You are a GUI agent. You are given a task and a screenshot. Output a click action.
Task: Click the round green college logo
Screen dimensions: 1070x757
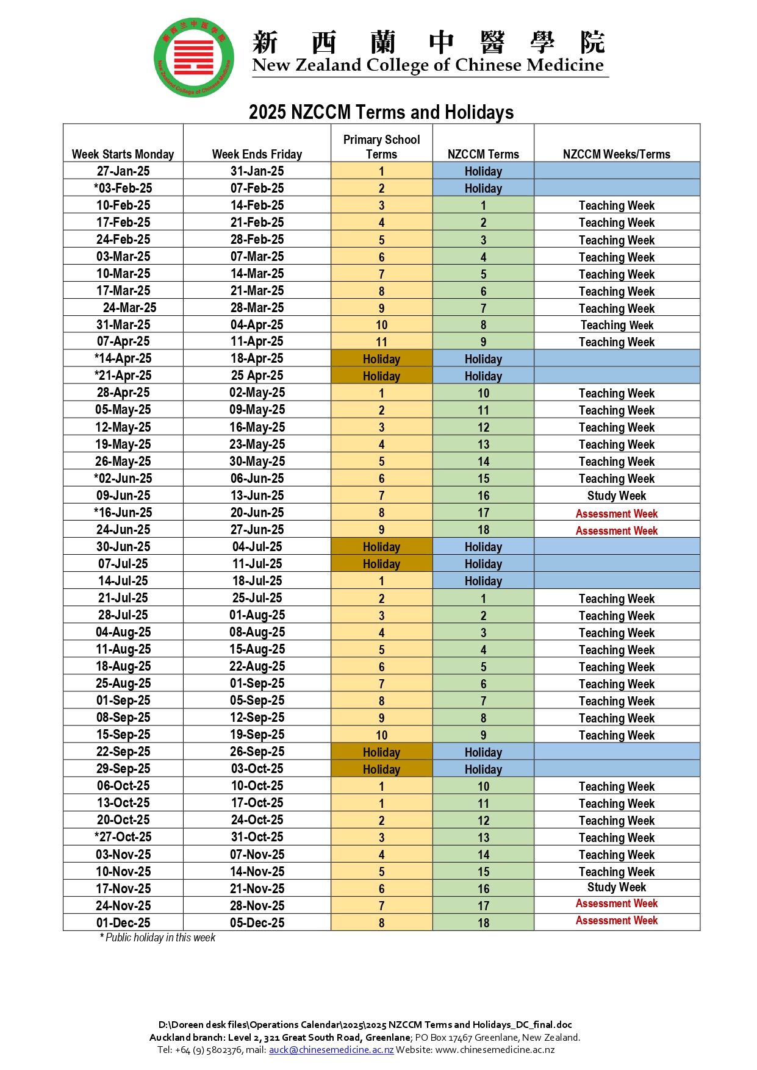[194, 57]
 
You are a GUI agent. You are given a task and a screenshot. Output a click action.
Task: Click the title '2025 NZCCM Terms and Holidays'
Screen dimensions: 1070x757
[381, 112]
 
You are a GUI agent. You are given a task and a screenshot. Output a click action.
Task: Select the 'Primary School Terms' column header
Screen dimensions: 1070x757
[381, 147]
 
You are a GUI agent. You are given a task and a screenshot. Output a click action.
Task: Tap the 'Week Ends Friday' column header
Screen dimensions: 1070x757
[257, 154]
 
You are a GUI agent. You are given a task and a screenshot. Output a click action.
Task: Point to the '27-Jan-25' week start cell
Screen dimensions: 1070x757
[123, 171]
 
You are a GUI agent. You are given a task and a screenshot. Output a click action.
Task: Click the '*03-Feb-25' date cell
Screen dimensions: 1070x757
[123, 188]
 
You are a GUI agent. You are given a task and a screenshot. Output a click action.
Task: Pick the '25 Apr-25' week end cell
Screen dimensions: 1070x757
[257, 376]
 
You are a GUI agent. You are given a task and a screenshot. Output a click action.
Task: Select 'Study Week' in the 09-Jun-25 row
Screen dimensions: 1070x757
[616, 496]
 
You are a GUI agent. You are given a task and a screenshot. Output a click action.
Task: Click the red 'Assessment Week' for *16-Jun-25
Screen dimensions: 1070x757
[616, 513]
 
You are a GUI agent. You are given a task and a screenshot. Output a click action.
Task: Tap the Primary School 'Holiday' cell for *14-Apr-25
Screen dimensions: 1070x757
[381, 359]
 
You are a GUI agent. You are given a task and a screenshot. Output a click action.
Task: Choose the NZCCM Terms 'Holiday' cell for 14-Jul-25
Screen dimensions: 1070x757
[483, 581]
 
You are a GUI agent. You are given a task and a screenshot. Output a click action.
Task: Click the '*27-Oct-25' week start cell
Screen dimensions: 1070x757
[123, 837]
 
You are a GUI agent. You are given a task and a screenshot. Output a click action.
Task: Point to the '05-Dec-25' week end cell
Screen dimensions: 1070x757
[257, 922]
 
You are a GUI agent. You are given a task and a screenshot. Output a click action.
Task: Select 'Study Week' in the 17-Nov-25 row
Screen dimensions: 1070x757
[616, 887]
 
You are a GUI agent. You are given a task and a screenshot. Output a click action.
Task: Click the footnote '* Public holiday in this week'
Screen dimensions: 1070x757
[157, 938]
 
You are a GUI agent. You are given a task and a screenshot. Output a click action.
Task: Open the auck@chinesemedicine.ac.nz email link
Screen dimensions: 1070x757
[331, 1049]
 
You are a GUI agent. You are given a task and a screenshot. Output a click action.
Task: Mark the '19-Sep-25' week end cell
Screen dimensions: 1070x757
[257, 735]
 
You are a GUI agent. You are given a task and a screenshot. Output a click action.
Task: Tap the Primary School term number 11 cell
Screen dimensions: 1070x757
[381, 342]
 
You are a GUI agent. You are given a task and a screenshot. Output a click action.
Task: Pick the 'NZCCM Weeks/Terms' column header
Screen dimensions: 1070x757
[616, 154]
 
